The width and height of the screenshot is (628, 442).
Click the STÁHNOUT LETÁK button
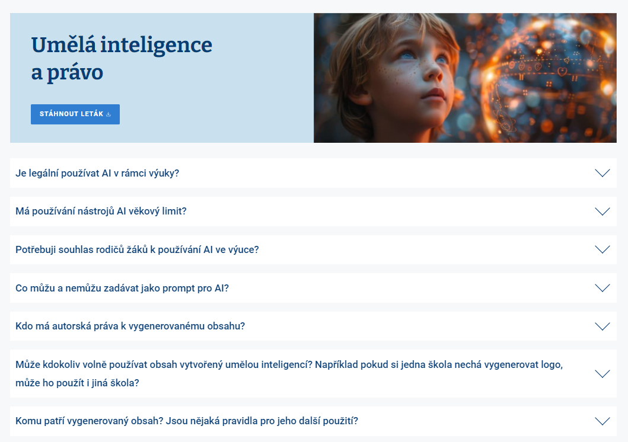point(75,114)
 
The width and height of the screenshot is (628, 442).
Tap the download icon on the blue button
point(108,114)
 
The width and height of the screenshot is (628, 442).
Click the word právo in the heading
point(75,73)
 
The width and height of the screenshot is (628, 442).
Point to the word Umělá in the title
point(63,44)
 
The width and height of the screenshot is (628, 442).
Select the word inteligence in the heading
point(156,46)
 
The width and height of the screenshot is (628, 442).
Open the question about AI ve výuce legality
point(97,173)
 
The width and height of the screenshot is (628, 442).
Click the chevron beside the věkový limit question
point(603,211)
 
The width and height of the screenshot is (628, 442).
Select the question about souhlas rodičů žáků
point(138,249)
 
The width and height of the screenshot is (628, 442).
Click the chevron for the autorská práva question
point(603,326)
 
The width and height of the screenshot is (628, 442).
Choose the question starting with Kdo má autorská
point(130,326)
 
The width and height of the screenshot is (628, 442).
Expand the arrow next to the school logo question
point(603,374)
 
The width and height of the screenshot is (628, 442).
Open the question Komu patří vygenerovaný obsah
point(187,421)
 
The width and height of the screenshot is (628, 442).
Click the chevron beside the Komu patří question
point(603,421)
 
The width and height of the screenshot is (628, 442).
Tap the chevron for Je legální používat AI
point(603,173)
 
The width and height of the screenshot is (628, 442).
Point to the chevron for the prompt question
point(603,288)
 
